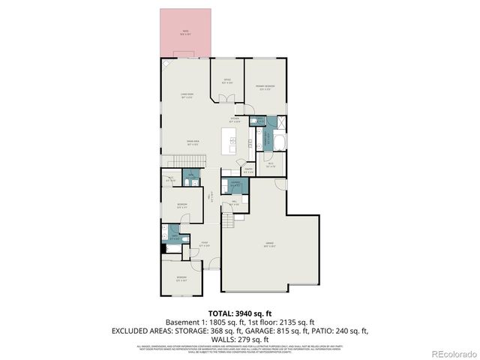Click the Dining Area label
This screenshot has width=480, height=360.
tap(193, 142)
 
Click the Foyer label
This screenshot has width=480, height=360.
tap(204, 243)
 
